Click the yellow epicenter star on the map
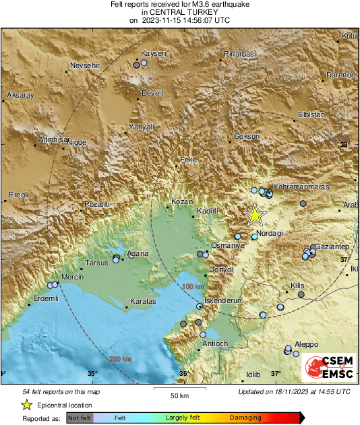tap(255, 215)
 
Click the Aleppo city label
tap(306, 344)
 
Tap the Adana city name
tap(138, 253)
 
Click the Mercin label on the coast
tap(72, 277)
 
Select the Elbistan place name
tap(311, 115)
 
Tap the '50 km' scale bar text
tap(178, 395)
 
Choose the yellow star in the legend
tap(26, 405)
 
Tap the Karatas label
tap(143, 301)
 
